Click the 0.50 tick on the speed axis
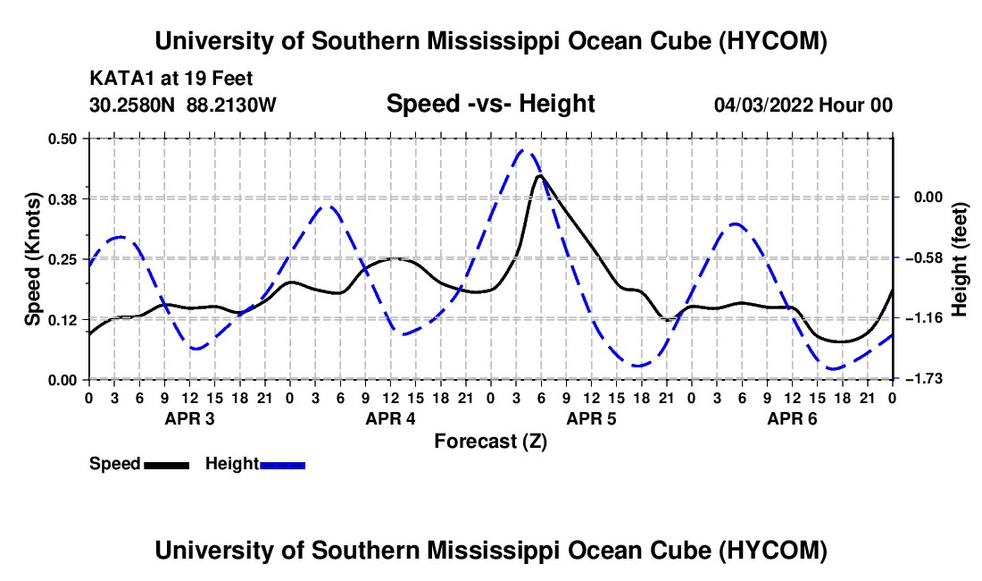click(62, 139)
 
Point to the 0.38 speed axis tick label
click(62, 199)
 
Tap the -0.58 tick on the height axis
click(928, 257)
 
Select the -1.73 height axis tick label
click(928, 379)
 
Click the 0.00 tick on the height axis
click(928, 198)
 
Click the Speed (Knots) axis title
click(32, 259)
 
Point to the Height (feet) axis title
click(959, 259)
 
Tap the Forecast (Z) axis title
click(490, 442)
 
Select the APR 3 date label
click(189, 418)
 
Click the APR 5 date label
click(591, 418)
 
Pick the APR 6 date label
click(792, 418)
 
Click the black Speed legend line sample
click(167, 465)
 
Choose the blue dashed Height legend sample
click(282, 465)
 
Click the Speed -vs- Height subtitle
click(490, 104)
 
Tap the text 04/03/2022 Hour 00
click(803, 105)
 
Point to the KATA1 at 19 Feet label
click(171, 79)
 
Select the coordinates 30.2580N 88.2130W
click(183, 105)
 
